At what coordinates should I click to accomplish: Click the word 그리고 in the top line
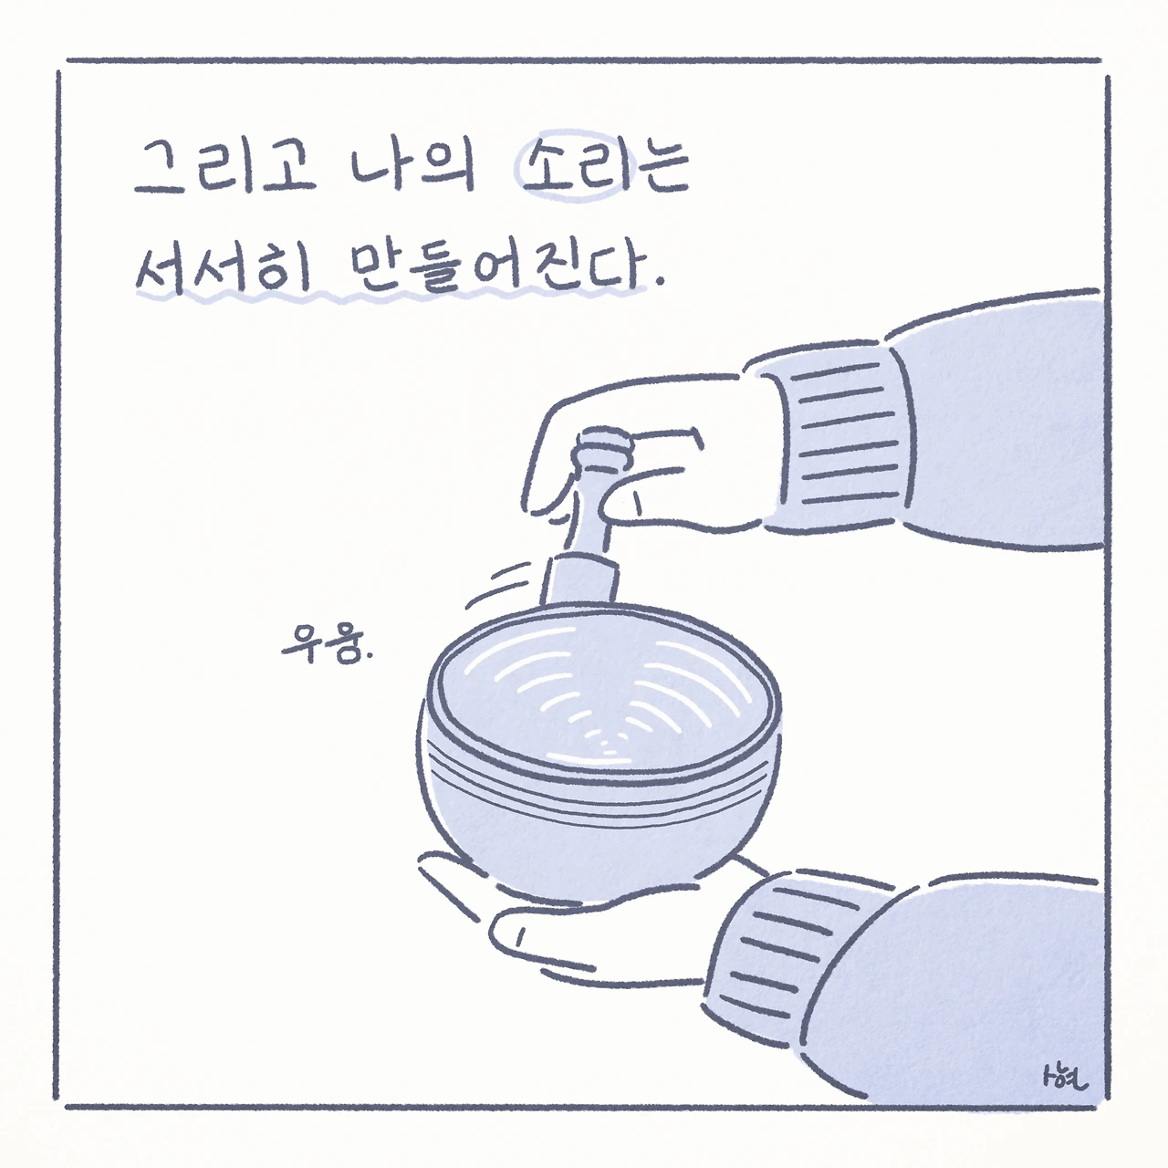224,166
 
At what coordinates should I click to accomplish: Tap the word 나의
413,166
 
